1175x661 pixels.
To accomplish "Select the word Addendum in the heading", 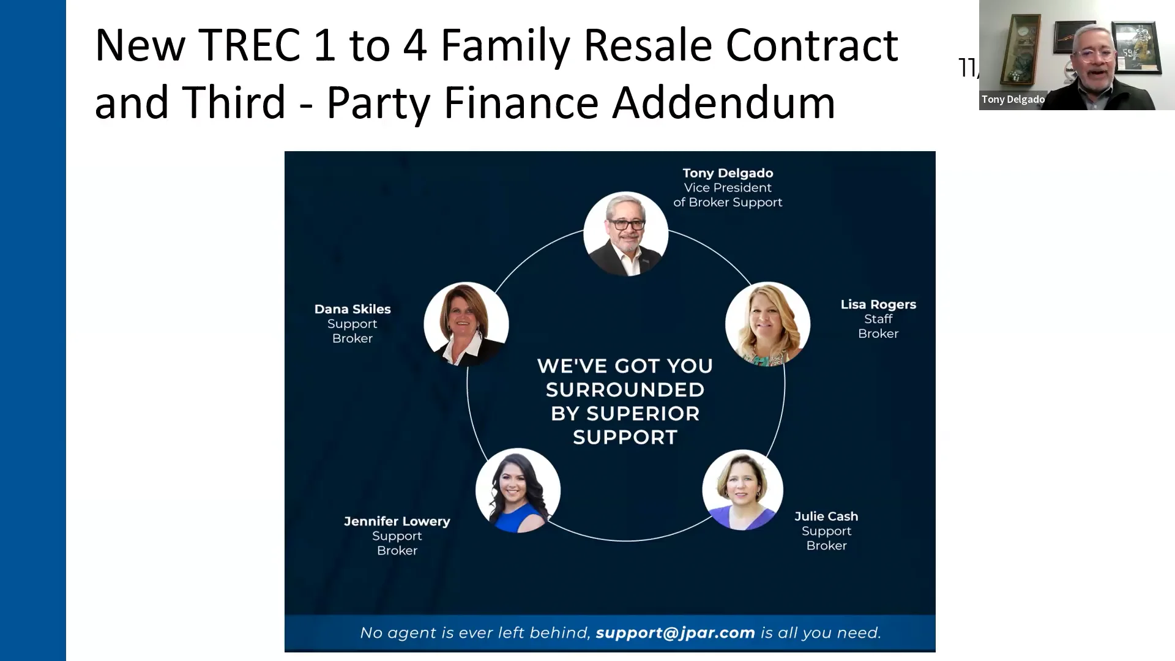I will pyautogui.click(x=723, y=102).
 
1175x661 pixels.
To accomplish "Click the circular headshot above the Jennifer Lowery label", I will pyautogui.click(x=518, y=490).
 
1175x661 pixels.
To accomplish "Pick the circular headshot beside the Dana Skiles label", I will pyautogui.click(x=466, y=324).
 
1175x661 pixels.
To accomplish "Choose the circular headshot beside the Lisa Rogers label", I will pyautogui.click(x=767, y=324).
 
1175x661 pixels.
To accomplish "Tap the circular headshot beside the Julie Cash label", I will pyautogui.click(x=742, y=490).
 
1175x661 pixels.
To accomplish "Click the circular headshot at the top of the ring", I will pyautogui.click(x=625, y=234).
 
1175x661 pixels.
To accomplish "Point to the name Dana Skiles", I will pyautogui.click(x=352, y=309).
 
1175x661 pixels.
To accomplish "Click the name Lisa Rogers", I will pyautogui.click(x=878, y=304).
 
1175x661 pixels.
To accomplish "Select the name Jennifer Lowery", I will pyautogui.click(x=397, y=521).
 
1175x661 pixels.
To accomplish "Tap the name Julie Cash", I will pyautogui.click(x=826, y=517).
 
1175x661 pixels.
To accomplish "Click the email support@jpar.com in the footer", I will pyautogui.click(x=675, y=633).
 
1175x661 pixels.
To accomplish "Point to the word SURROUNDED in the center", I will pyautogui.click(x=625, y=390).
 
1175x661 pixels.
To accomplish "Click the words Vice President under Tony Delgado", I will pyautogui.click(x=728, y=188).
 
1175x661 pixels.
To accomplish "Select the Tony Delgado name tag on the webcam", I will pyautogui.click(x=1013, y=99).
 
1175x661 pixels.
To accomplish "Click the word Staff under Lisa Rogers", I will pyautogui.click(x=878, y=319).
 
